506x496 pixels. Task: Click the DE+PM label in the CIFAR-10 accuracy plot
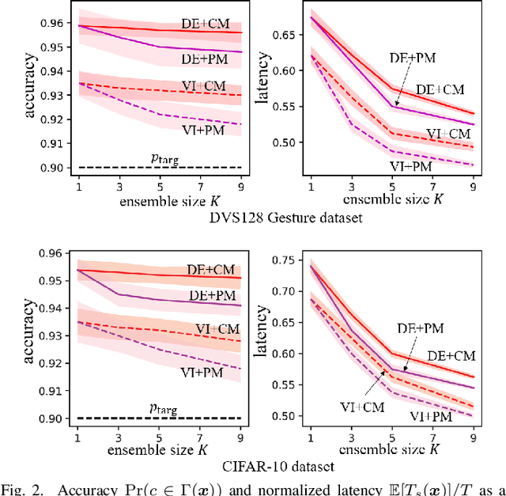tap(213, 295)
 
